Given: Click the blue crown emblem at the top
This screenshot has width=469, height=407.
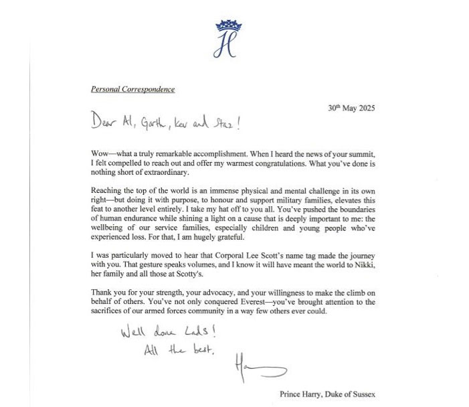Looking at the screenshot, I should click(x=226, y=26).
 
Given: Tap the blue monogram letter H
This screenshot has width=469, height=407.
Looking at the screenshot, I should click(x=226, y=46).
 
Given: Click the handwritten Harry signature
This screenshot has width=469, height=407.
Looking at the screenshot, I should click(x=258, y=368).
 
